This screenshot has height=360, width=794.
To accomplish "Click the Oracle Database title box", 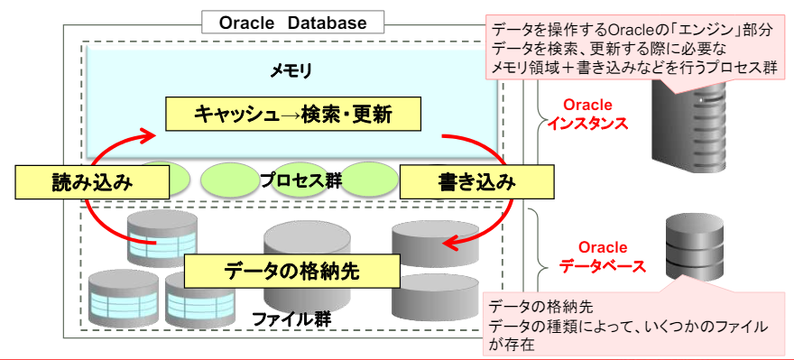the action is (292, 23).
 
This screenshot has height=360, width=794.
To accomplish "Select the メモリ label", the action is (291, 72).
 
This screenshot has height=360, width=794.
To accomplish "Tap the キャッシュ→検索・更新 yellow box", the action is (293, 115).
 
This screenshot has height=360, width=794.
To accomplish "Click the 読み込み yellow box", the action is (93, 182).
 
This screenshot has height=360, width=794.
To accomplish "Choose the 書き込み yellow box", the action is (476, 182).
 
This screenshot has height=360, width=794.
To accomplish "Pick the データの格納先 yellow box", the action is (291, 272).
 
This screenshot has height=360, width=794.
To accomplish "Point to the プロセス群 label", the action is (300, 181).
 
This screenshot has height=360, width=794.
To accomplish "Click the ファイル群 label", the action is (291, 319).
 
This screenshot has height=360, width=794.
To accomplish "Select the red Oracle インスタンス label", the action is (588, 115).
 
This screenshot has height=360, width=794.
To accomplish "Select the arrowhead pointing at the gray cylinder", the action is (449, 244).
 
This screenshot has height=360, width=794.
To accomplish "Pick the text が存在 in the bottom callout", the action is (511, 345).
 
